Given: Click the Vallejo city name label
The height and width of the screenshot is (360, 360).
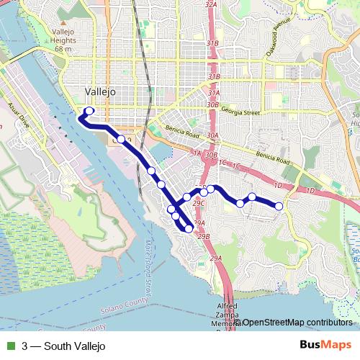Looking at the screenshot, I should (99, 91).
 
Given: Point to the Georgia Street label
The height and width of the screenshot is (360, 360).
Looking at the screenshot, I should (240, 112).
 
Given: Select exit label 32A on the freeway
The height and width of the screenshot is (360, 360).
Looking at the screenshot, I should (211, 4).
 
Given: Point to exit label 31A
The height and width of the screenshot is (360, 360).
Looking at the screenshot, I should (214, 93).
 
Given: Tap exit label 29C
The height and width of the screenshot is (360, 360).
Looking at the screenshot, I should (199, 203).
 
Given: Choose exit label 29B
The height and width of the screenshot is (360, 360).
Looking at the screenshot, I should (204, 236).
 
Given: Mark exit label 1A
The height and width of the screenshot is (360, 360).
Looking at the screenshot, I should (197, 153).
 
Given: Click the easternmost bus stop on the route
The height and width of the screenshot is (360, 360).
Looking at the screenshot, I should (279, 207).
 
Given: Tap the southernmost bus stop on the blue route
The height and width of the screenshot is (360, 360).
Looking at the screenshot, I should (189, 228).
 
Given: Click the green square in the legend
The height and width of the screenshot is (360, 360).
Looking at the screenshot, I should (11, 346).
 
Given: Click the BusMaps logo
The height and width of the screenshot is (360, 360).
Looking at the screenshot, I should (326, 346).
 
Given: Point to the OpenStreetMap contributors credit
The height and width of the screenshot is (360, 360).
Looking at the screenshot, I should (297, 322).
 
